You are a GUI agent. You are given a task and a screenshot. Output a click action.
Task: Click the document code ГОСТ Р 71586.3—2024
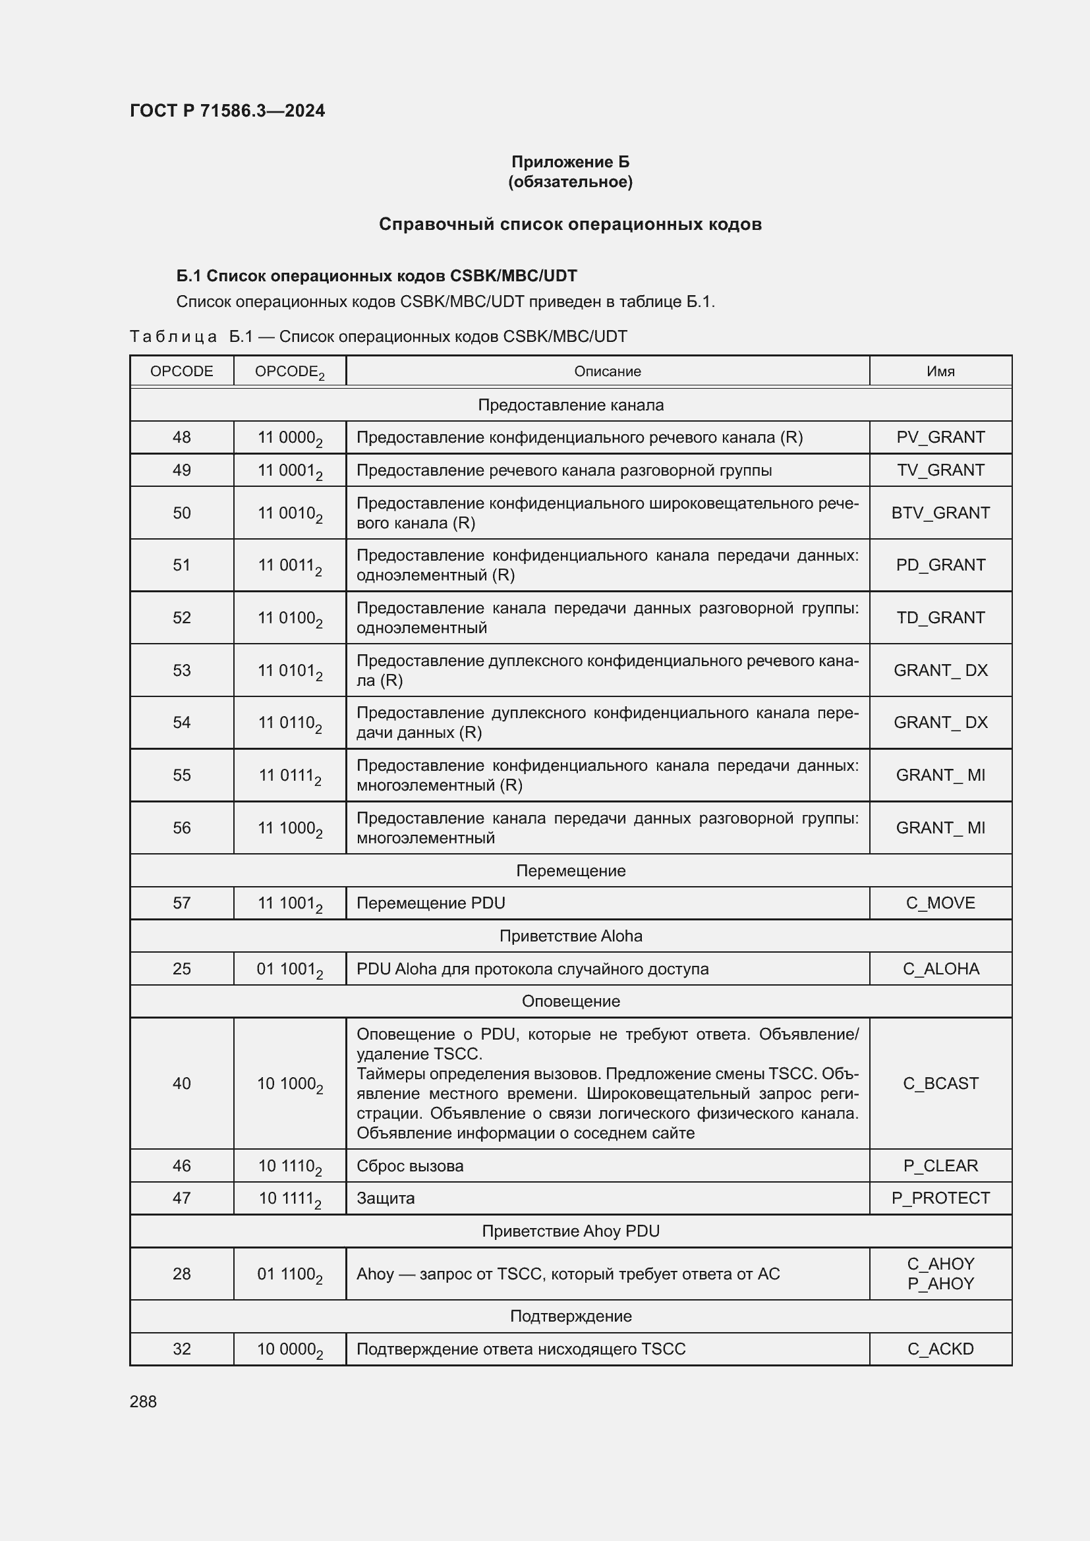coord(227,111)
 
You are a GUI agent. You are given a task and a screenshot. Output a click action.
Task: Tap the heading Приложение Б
coord(570,162)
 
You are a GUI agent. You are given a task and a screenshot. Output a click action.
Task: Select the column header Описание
coord(607,371)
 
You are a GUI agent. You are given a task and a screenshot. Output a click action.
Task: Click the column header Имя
coord(940,371)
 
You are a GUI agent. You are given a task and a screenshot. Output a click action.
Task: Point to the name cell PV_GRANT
coord(940,437)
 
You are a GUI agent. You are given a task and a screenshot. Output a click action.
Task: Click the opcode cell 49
coord(181,470)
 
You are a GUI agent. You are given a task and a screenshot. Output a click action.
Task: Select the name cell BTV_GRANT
coord(940,513)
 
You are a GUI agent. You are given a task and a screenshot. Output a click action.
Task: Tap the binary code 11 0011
coord(289,565)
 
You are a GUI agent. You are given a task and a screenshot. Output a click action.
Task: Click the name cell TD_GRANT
coord(940,617)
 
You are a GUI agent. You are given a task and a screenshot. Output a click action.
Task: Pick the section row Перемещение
coord(570,870)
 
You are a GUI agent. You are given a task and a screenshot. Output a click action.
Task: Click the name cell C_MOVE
coord(940,903)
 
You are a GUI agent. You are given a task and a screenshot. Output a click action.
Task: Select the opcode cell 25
coord(181,968)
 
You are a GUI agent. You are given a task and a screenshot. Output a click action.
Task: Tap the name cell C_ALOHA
coord(940,968)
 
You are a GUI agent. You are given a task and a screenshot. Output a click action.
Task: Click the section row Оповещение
coord(570,1001)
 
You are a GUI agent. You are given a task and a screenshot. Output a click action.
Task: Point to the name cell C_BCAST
coord(940,1083)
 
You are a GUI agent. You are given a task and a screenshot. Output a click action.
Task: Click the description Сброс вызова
coord(409,1166)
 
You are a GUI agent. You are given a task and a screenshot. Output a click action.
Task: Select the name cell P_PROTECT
coord(940,1198)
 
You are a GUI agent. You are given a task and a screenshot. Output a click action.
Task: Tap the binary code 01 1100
coord(289,1274)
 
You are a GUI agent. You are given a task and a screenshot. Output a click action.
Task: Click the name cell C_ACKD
coord(940,1349)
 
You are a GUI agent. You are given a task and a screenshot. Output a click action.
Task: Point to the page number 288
coord(143,1401)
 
